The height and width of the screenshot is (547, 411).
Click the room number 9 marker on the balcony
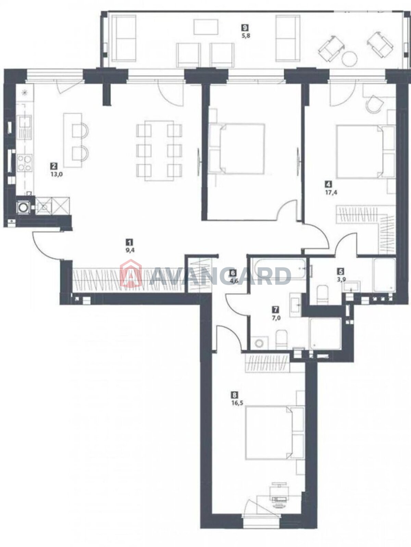245,27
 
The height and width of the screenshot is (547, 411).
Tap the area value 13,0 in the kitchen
57,174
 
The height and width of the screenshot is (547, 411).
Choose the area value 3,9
340,279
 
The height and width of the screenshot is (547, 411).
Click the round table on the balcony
350,59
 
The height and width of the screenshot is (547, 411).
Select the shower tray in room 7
325,334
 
